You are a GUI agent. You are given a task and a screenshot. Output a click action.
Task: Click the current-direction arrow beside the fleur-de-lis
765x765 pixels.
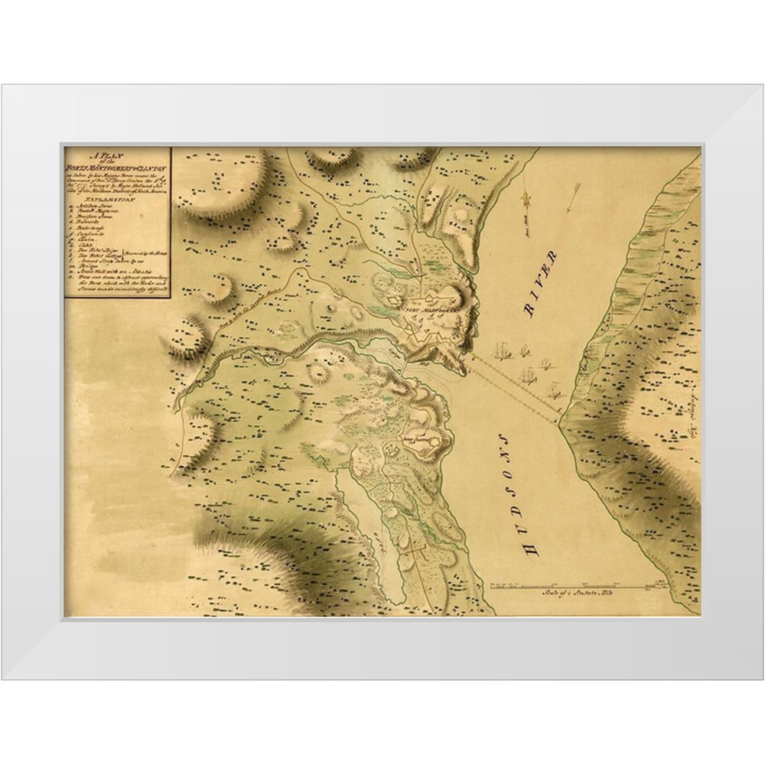click(572, 200)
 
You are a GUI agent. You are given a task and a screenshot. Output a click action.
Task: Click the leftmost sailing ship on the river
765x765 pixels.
click(501, 353)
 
